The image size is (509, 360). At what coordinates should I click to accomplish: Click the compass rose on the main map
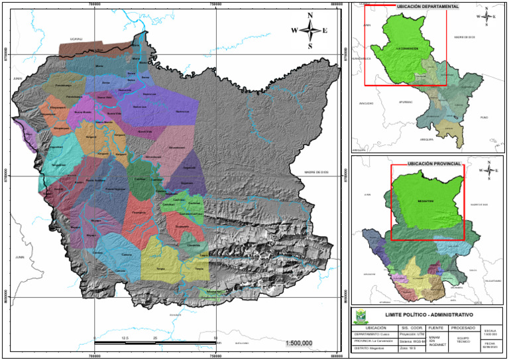click(310, 30)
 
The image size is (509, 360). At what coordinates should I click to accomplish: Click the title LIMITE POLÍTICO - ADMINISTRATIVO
click(429, 315)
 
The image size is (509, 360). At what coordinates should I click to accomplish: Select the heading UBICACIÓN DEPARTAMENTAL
click(427, 6)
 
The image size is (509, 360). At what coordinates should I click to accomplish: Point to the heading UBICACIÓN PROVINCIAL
click(434, 162)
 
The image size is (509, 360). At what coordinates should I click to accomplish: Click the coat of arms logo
click(361, 316)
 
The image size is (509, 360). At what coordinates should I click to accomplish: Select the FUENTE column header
click(435, 328)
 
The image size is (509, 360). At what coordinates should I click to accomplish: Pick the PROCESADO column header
click(463, 328)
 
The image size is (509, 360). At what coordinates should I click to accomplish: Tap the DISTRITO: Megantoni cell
click(374, 348)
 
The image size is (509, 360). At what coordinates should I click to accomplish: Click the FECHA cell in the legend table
click(490, 345)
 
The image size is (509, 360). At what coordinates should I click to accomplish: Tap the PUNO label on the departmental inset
click(484, 117)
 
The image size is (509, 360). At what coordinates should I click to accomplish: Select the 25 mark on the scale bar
click(154, 338)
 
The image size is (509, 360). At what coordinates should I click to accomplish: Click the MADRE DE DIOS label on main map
click(317, 174)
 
